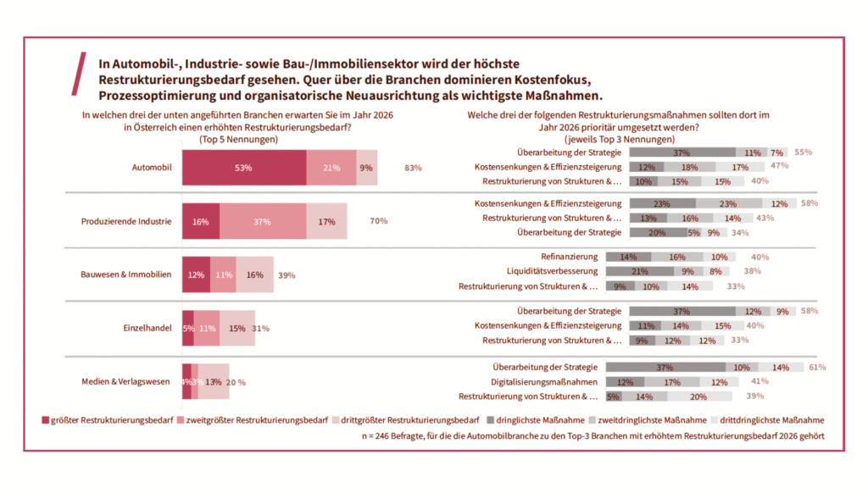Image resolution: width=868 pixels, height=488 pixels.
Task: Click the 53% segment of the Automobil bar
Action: (x=244, y=168)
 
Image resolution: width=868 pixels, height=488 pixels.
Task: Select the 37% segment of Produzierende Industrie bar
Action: (x=262, y=221)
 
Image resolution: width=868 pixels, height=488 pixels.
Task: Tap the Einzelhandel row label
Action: (x=148, y=328)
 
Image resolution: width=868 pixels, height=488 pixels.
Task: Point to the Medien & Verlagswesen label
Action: (x=127, y=381)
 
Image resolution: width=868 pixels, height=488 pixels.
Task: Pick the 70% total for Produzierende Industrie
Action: (x=378, y=221)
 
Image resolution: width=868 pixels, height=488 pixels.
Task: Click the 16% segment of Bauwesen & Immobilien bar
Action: (x=254, y=274)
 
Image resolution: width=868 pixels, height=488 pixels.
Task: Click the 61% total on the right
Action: (x=817, y=367)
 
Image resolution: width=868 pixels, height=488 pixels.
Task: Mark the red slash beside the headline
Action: (x=82, y=74)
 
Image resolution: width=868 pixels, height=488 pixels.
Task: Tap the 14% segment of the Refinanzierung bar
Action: (x=629, y=257)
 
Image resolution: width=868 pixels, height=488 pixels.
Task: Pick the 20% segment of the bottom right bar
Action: (x=698, y=396)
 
